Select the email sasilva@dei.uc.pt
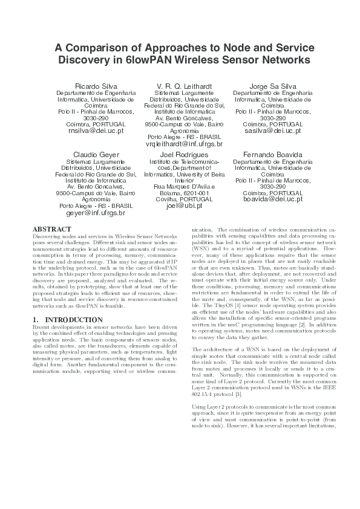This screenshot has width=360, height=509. (x=272, y=130)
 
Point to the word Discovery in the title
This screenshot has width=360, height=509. (x=85, y=60)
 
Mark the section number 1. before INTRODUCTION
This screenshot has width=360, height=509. (x=35, y=319)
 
